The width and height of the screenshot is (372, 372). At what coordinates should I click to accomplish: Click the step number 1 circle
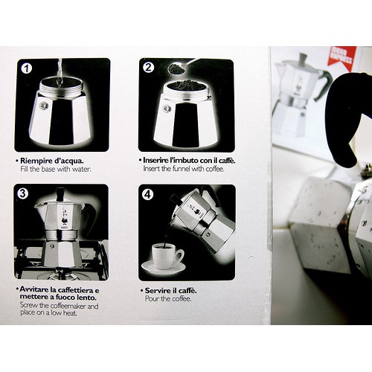point(27,68)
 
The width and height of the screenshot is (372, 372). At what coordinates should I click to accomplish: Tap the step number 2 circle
point(148,68)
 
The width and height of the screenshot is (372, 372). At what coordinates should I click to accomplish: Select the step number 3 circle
point(22,193)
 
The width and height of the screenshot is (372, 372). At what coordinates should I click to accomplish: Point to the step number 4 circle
point(147,194)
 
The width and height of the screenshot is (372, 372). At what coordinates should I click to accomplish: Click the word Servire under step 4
point(157,290)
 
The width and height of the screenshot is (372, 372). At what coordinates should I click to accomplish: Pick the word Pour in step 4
point(152,298)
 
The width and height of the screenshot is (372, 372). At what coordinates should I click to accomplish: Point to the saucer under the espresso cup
point(164,267)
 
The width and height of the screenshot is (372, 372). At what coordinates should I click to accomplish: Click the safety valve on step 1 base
point(43,106)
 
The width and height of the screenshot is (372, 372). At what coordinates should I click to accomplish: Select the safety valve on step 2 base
point(167,109)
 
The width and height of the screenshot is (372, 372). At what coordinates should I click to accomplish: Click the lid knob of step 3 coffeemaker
point(60,194)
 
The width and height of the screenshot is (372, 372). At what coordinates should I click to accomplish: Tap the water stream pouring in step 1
point(60,72)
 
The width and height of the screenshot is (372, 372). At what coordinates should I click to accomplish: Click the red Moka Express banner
point(341,57)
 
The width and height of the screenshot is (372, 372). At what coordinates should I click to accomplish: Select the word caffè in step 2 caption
point(226,161)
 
